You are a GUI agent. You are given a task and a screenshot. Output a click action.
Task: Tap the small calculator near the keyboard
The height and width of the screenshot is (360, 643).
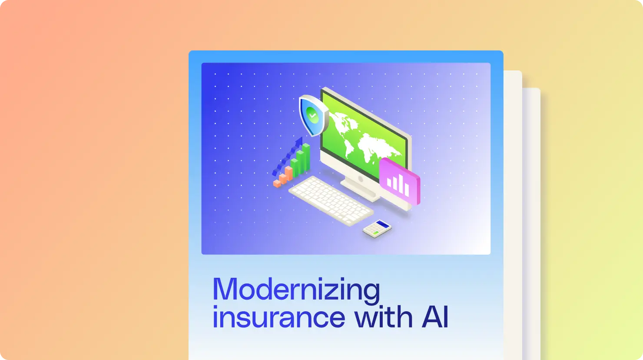tap(377, 229)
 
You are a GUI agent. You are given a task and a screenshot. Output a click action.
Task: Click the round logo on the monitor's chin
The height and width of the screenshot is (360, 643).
tap(360, 179)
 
